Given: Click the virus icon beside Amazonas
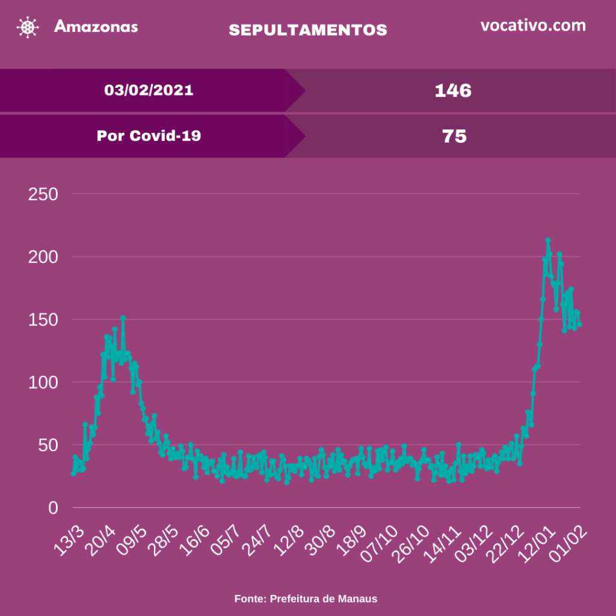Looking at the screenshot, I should click(x=26, y=27).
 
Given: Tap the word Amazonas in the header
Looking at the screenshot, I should click(x=96, y=26).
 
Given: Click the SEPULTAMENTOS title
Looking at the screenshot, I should click(x=308, y=30).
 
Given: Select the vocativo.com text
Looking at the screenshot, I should click(x=533, y=25).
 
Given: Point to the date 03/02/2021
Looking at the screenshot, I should click(x=149, y=90).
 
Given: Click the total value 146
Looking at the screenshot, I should click(x=454, y=91).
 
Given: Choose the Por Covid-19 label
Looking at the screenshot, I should click(x=149, y=136).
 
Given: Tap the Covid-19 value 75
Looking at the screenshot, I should click(x=454, y=137).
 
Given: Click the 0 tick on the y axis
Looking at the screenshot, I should click(x=53, y=508).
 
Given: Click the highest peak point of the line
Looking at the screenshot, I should click(x=548, y=241).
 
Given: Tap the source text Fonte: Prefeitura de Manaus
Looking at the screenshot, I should click(x=306, y=599).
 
